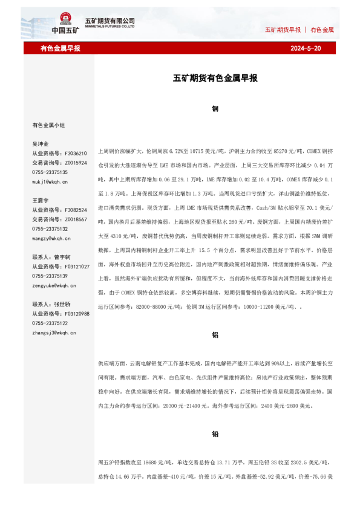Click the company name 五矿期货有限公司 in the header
(x=110, y=21)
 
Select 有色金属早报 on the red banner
(x=60, y=48)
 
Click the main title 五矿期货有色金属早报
(x=215, y=78)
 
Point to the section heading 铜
(x=215, y=109)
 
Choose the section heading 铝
(x=215, y=334)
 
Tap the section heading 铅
(x=215, y=433)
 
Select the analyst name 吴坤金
(x=41, y=144)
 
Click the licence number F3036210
(x=75, y=154)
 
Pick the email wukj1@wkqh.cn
(x=50, y=181)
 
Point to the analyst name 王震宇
(x=41, y=200)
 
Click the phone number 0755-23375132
(x=50, y=229)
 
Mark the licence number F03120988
(x=77, y=314)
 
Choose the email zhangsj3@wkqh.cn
(x=54, y=332)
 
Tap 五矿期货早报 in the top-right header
(x=283, y=30)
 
